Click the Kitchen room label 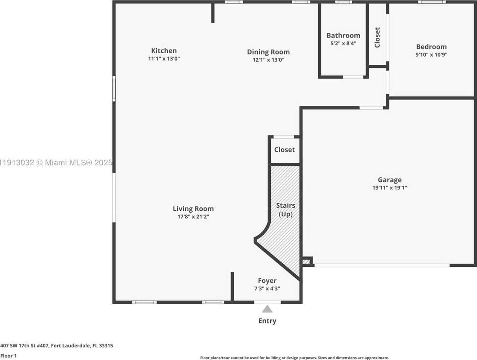pyautogui.click(x=164, y=51)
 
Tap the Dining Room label pyautogui.click(x=268, y=52)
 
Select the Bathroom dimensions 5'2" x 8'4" pyautogui.click(x=343, y=43)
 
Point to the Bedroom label pyautogui.click(x=431, y=47)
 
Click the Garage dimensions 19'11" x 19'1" pyautogui.click(x=389, y=188)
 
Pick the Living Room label pyautogui.click(x=193, y=209)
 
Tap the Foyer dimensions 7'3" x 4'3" pyautogui.click(x=267, y=288)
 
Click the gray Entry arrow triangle pyautogui.click(x=267, y=309)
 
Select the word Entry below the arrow pyautogui.click(x=267, y=321)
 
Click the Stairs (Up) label pyautogui.click(x=286, y=210)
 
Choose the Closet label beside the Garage pyautogui.click(x=284, y=150)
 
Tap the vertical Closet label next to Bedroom pyautogui.click(x=377, y=37)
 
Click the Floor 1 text pyautogui.click(x=8, y=356)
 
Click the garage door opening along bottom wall pyautogui.click(x=381, y=265)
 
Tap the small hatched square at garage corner pyautogui.click(x=306, y=262)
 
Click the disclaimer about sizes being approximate pyautogui.click(x=294, y=358)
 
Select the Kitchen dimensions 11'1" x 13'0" pyautogui.click(x=164, y=59)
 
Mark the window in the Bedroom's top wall pyautogui.click(x=431, y=2)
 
